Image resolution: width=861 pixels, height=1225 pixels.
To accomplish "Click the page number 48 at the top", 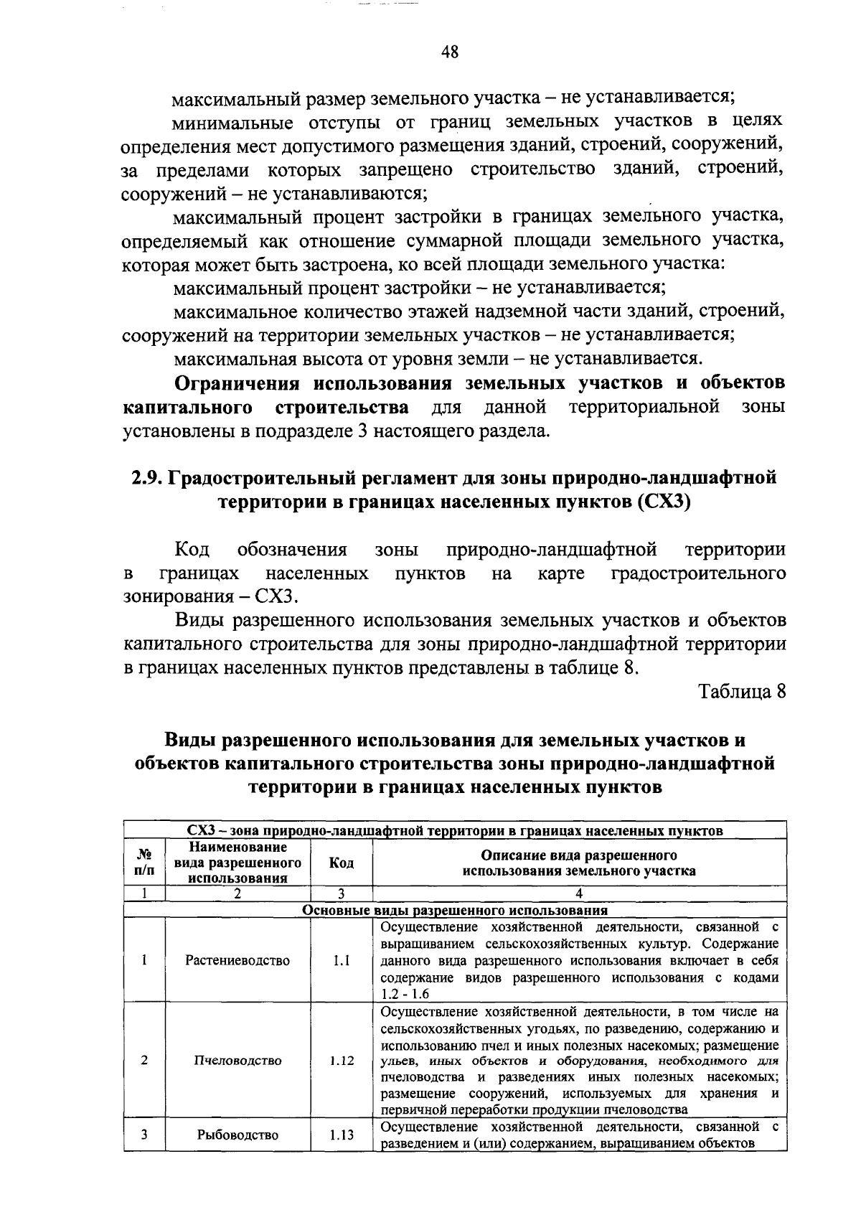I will point(450,52).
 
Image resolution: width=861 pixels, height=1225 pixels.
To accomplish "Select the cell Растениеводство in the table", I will point(237,960).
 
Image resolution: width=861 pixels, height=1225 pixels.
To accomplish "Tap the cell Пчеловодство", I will point(237,1060).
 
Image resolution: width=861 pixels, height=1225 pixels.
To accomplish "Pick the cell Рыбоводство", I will point(237,1135).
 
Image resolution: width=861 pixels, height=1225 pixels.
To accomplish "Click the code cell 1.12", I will point(342,1060).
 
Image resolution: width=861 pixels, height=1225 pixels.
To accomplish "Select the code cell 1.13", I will point(342,1135).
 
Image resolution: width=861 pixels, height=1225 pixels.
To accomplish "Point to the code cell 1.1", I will point(342,960).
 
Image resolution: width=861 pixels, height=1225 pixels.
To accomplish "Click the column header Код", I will point(342,863).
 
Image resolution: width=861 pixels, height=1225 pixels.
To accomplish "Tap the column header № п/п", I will point(144,863).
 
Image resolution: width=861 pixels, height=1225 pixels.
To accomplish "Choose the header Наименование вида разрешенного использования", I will point(237,863).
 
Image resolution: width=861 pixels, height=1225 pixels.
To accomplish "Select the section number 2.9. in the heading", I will point(148,478).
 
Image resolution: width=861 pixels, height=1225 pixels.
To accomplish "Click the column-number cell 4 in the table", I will point(578,893).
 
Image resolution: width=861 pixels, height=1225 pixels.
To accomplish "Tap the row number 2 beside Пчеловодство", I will point(144,1060).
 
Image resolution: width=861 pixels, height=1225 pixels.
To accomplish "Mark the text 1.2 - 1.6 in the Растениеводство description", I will point(405,994).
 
